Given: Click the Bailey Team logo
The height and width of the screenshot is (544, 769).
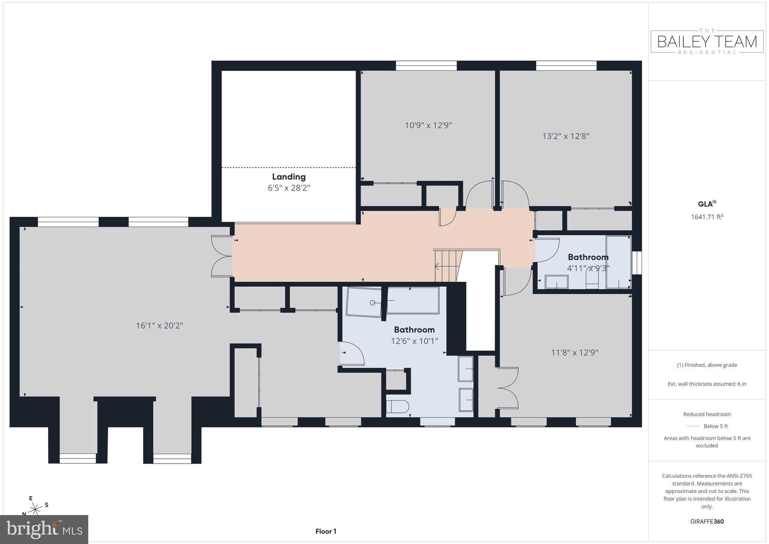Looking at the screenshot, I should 707,42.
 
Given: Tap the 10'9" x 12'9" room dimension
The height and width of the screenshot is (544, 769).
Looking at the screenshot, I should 428,125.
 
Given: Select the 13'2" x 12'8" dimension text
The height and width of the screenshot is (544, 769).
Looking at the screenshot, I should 566,136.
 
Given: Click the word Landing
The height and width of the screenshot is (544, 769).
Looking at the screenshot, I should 289,177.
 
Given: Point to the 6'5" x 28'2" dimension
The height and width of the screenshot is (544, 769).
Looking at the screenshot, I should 289,187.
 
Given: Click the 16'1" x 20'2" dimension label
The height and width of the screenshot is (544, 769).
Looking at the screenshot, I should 159,325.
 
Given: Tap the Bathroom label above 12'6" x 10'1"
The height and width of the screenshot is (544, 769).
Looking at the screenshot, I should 414,329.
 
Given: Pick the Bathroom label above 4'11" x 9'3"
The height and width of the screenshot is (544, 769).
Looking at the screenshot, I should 588,257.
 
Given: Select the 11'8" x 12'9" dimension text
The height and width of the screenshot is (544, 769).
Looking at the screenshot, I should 574,352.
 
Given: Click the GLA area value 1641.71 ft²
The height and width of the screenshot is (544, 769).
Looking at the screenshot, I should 707,217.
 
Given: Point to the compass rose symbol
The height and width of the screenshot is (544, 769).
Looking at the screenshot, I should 36,509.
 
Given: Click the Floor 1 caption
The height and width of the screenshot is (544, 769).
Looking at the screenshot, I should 326,531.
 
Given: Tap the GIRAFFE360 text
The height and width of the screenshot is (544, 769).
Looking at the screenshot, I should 707,521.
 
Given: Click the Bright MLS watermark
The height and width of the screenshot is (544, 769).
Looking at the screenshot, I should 44,529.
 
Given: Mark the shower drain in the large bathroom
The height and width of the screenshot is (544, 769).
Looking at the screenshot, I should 373,303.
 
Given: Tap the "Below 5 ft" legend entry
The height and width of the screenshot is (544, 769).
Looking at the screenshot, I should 715,426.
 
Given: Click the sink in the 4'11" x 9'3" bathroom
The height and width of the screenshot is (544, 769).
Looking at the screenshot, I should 556,282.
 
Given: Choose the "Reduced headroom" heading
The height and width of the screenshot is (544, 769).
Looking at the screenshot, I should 707,414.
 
